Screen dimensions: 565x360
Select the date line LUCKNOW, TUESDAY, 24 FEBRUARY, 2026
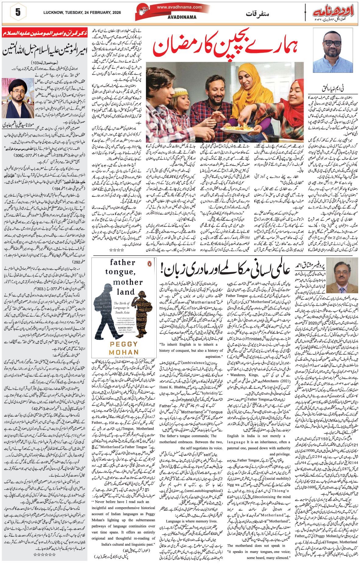coord(82,13)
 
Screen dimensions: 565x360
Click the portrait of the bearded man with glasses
coord(333,51)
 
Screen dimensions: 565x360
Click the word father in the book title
coord(123,262)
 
